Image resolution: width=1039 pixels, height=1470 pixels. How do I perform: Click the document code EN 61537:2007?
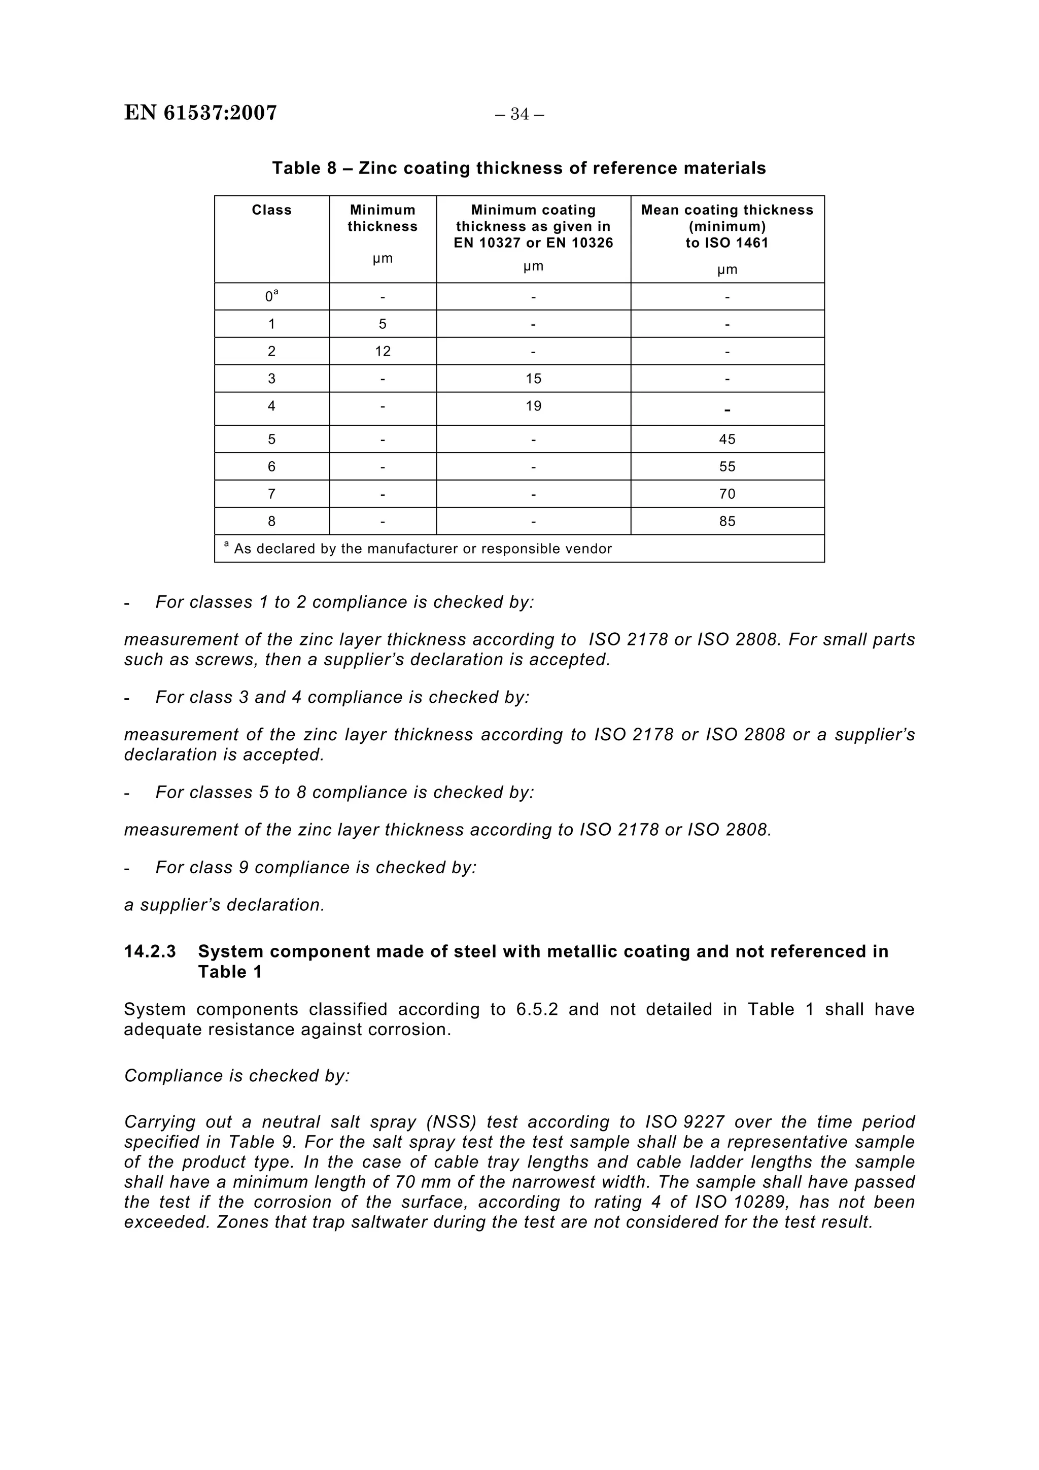200,113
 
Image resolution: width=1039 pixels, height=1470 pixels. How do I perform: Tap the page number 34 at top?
519,115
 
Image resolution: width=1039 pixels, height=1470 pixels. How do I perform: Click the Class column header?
271,210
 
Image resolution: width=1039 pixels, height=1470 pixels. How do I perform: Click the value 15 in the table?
533,379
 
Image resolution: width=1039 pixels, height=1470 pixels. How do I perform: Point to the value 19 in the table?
533,406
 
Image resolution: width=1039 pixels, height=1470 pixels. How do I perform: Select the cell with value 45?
726,439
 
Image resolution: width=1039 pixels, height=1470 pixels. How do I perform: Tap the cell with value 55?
726,467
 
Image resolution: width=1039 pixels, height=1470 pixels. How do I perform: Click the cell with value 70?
726,494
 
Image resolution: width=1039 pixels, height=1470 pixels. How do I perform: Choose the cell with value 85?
726,521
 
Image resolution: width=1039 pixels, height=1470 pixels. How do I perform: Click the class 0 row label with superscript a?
271,296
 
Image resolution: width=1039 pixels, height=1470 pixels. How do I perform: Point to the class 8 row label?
271,521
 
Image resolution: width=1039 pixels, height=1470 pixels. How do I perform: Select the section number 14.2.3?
150,951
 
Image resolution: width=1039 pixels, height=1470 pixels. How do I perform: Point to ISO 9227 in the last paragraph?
684,1122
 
